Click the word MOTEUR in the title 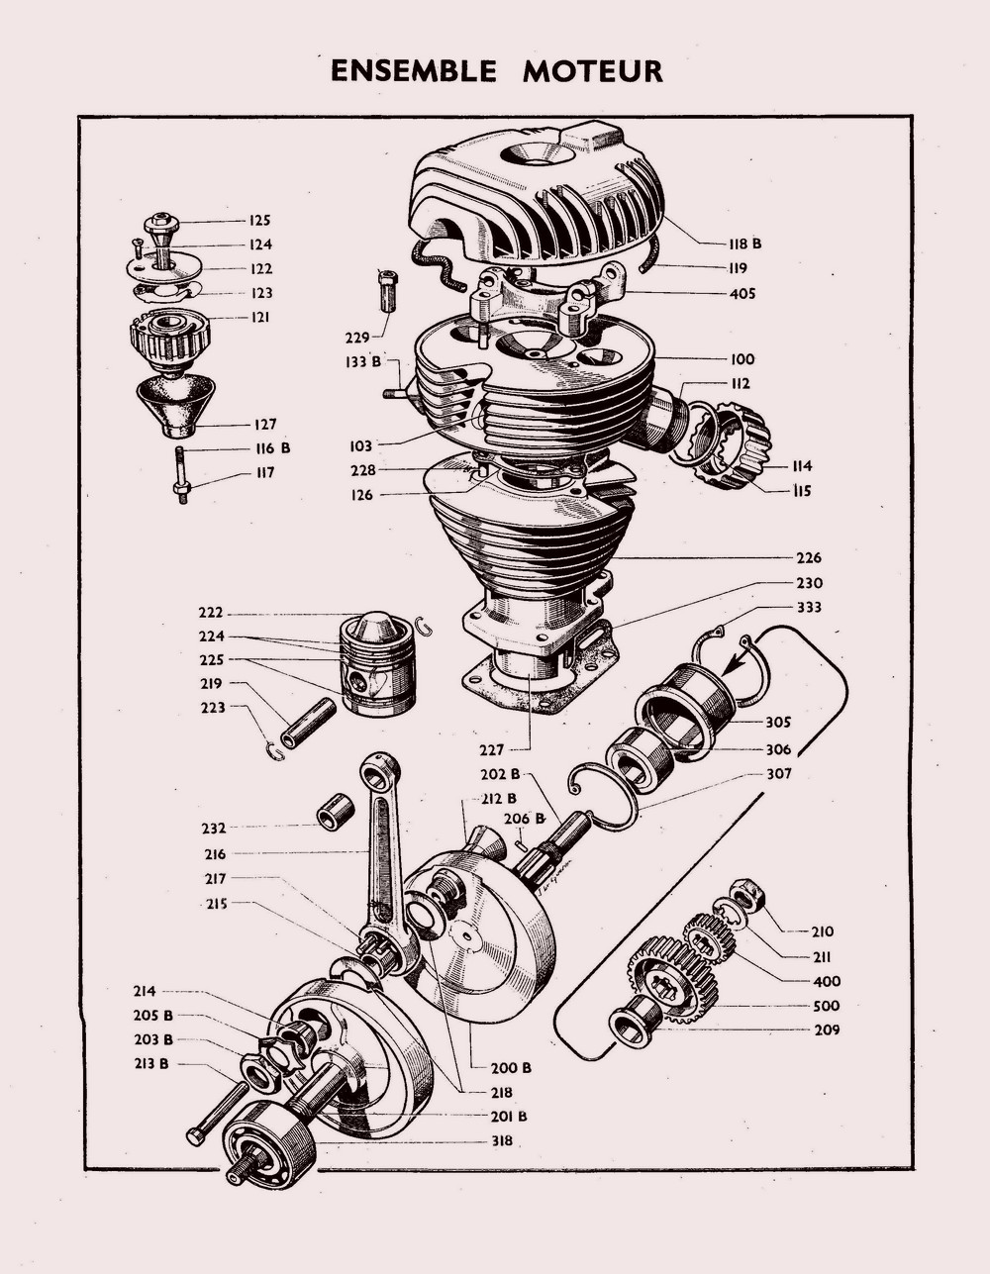click(593, 72)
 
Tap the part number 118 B click(743, 244)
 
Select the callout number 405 click(742, 293)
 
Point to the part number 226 click(809, 558)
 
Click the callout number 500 click(826, 1006)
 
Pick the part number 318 click(502, 1140)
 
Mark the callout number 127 click(264, 425)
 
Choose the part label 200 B click(511, 1068)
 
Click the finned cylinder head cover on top click(540, 193)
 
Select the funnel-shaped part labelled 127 click(176, 403)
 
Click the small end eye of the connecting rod click(379, 767)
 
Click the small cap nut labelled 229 click(387, 290)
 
